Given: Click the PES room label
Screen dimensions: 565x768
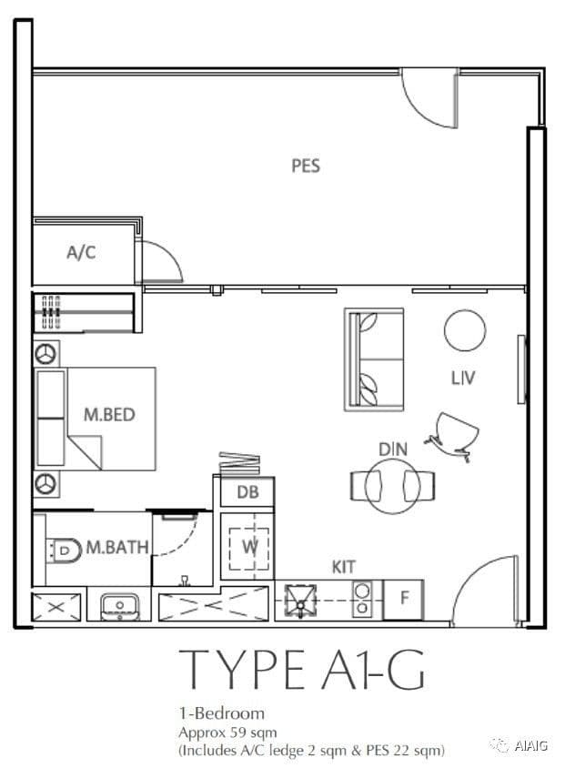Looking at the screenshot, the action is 306,166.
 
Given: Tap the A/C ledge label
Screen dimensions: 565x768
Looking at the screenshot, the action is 81,252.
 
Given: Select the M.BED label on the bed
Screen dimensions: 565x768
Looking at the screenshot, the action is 109,415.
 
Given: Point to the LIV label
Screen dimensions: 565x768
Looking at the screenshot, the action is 463,378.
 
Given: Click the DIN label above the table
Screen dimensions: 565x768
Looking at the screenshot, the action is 393,450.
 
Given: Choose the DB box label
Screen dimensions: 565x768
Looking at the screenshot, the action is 247,491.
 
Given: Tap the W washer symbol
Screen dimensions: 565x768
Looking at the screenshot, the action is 249,548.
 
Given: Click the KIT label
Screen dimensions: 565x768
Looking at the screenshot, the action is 343,567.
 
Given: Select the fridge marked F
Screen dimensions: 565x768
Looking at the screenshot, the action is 403,599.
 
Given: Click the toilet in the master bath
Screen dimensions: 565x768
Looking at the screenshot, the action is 64,551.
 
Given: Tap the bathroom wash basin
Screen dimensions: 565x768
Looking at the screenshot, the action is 120,606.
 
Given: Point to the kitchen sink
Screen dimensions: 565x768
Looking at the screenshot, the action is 300,601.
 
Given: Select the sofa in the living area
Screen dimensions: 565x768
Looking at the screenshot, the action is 374,359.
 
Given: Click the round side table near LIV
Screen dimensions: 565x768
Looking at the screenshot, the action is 465,330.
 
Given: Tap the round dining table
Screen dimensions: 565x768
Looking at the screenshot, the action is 393,486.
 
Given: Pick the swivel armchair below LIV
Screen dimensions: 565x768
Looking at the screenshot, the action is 453,436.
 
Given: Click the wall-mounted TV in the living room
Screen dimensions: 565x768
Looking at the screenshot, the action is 521,369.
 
